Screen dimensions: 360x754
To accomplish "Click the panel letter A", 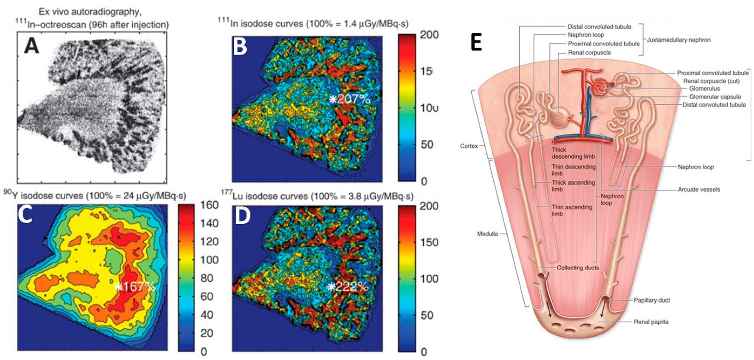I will pos(32,46).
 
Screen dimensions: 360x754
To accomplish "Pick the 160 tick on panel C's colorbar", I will pos(209,205).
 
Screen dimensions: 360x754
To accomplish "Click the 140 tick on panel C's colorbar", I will pos(209,223).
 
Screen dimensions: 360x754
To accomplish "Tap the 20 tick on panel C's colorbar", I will pos(207,333).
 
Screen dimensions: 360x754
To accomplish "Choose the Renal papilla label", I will pos(651,322).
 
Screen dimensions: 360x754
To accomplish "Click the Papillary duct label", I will pos(652,300).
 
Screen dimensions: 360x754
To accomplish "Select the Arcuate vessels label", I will pos(699,189).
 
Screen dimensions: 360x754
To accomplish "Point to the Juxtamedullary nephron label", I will pos(678,40).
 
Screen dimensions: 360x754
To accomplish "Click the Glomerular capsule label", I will pos(715,97).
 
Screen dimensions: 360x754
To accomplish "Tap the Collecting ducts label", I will pos(577,268).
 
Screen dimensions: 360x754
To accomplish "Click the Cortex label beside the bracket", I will pos(469,146).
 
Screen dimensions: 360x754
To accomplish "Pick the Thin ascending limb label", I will pos(571,210).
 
